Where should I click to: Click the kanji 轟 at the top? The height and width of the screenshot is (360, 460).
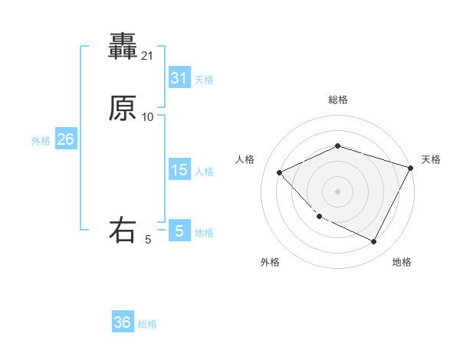[123, 46]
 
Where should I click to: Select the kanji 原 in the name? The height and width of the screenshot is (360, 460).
[123, 109]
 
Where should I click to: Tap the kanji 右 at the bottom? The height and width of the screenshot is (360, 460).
[123, 231]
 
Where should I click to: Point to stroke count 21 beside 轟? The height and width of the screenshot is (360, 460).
[148, 56]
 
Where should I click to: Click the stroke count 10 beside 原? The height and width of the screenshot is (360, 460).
[148, 117]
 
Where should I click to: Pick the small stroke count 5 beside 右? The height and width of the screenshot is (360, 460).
[148, 240]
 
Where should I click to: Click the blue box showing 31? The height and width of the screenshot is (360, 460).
[179, 78]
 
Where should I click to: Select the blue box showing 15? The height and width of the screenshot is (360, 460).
[179, 170]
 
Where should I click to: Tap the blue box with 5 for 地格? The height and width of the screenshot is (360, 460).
[179, 231]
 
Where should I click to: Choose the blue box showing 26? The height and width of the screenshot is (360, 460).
[65, 139]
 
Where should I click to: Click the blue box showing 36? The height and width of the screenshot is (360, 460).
[123, 322]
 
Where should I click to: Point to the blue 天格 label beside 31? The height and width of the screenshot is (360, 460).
[203, 80]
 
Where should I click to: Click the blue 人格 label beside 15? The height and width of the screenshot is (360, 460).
[203, 172]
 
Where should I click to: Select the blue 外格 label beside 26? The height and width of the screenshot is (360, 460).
[41, 141]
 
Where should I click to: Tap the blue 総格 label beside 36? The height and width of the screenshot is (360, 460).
[147, 324]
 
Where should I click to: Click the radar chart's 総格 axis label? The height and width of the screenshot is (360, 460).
[338, 100]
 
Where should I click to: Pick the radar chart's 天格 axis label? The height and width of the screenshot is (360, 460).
[431, 159]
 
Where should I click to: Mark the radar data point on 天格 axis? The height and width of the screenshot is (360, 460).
[411, 168]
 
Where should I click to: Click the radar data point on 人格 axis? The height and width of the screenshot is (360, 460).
[280, 173]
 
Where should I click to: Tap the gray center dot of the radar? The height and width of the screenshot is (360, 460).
[338, 191]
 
